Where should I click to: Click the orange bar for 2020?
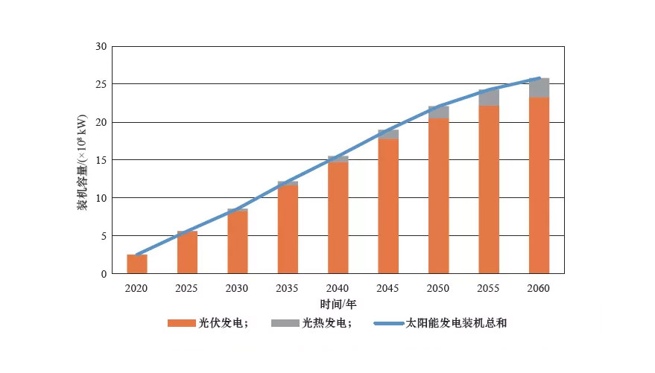click(137, 264)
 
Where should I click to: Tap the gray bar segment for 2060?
click(539, 88)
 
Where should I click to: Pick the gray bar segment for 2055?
click(489, 98)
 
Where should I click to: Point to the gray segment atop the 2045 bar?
click(388, 135)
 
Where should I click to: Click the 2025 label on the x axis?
click(187, 288)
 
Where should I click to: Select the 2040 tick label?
click(338, 288)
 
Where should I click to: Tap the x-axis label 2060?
click(539, 288)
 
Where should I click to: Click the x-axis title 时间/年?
click(338, 305)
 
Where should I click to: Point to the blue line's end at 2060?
click(539, 78)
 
